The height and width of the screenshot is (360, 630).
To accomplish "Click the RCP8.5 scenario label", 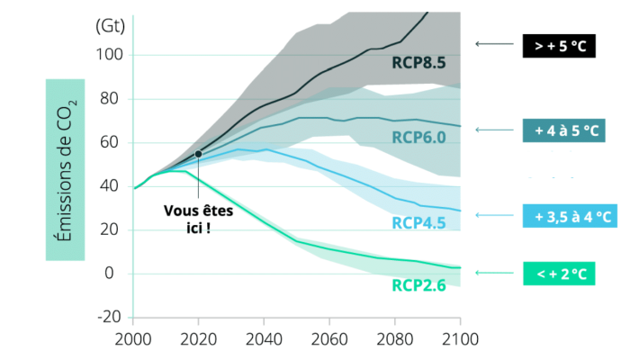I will [x=419, y=62].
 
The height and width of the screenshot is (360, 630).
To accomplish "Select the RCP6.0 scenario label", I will [x=419, y=137].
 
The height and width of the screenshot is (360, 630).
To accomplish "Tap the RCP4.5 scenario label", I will [x=419, y=221].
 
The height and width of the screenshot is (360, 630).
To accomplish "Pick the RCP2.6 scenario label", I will [x=419, y=285].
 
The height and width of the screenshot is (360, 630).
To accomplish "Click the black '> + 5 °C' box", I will [x=559, y=44].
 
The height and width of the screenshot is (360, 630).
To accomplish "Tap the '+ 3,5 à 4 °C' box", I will [x=569, y=216].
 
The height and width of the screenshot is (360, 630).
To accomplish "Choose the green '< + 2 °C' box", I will [x=559, y=274].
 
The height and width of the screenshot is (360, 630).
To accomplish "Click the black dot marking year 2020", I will [x=198, y=154].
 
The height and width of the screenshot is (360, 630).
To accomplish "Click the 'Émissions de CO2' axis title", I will [x=67, y=168].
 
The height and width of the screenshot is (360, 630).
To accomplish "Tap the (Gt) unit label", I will [x=110, y=25].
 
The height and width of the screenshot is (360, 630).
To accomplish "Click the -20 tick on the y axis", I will [x=109, y=317].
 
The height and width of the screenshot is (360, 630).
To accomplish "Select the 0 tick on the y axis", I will [x=117, y=274].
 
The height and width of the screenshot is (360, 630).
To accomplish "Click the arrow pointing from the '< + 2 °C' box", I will [x=493, y=274].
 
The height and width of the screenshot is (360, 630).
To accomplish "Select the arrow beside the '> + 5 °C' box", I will [x=493, y=44].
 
